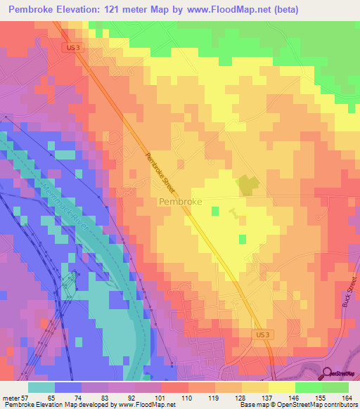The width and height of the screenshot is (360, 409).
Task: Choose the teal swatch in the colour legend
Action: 41,387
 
